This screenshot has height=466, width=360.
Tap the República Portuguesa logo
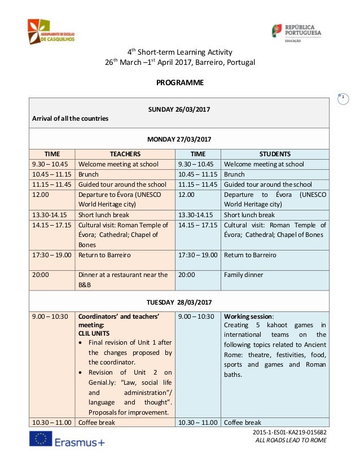[x=296, y=32]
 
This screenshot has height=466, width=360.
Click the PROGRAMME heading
[x=179, y=83]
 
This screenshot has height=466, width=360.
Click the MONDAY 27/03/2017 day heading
[x=179, y=138]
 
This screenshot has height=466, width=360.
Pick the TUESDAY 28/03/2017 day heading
[x=179, y=301]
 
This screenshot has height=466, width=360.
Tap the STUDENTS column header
[x=275, y=153]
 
